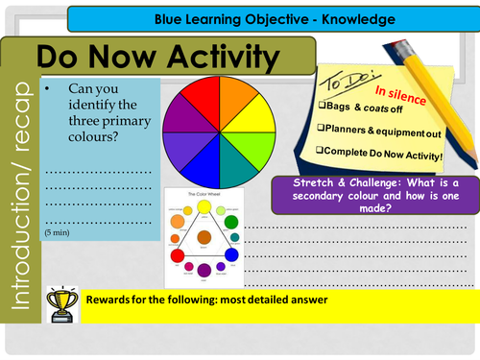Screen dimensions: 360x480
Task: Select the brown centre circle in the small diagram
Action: tap(204, 236)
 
